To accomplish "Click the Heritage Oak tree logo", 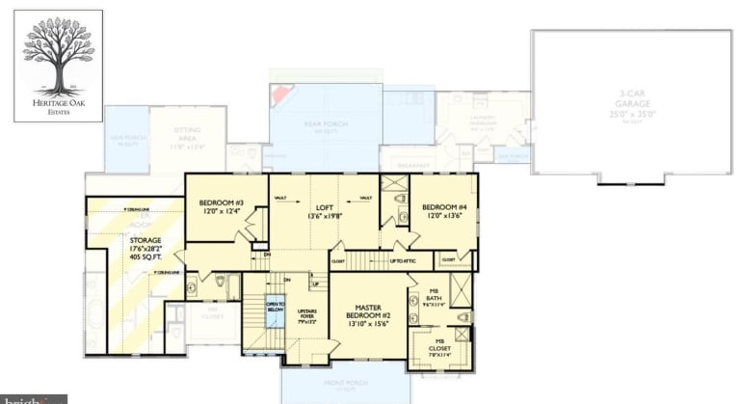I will coord(58,58).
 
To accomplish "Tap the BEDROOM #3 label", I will coord(222,202).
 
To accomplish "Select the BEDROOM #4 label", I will coord(444,206).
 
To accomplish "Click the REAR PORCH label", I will coord(325,129).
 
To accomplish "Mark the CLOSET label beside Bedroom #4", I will coord(449,259).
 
